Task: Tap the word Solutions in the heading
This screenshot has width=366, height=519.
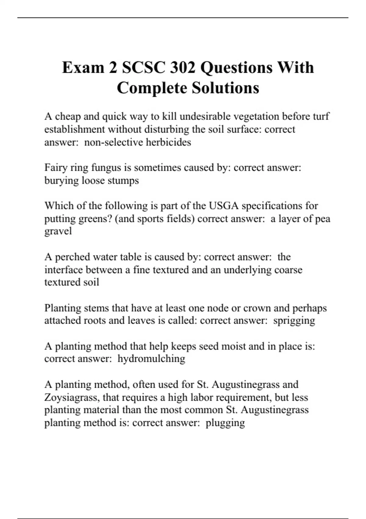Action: point(225,88)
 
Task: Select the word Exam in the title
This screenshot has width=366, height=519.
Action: point(83,67)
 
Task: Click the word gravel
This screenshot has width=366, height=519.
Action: point(58,231)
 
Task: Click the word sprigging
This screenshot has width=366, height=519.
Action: point(294,321)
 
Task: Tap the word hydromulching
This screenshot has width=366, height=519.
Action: point(151,358)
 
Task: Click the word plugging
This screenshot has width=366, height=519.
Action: point(225,423)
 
